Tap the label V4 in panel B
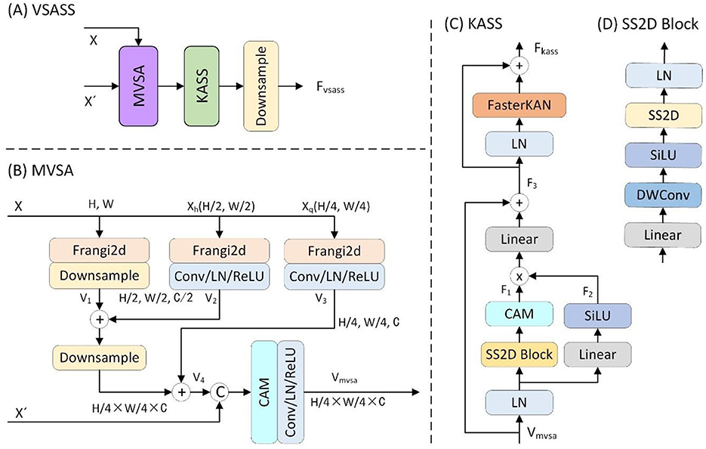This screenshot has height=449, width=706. tap(199, 376)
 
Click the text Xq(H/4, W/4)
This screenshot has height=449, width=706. tap(338, 204)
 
